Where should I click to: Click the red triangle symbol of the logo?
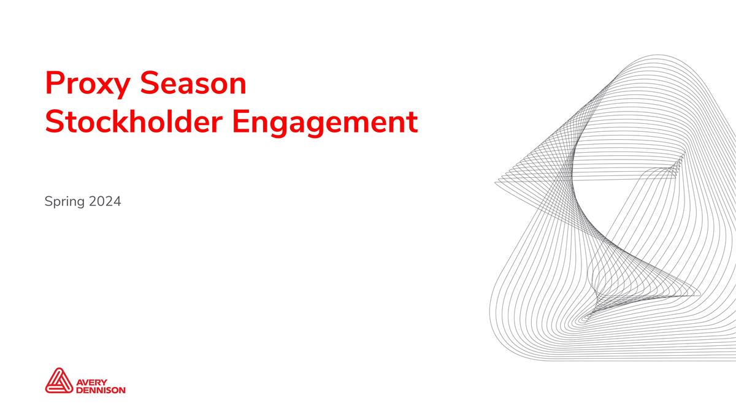click(58, 380)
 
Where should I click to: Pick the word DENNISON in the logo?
click(100, 389)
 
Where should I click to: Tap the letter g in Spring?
click(81, 203)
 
